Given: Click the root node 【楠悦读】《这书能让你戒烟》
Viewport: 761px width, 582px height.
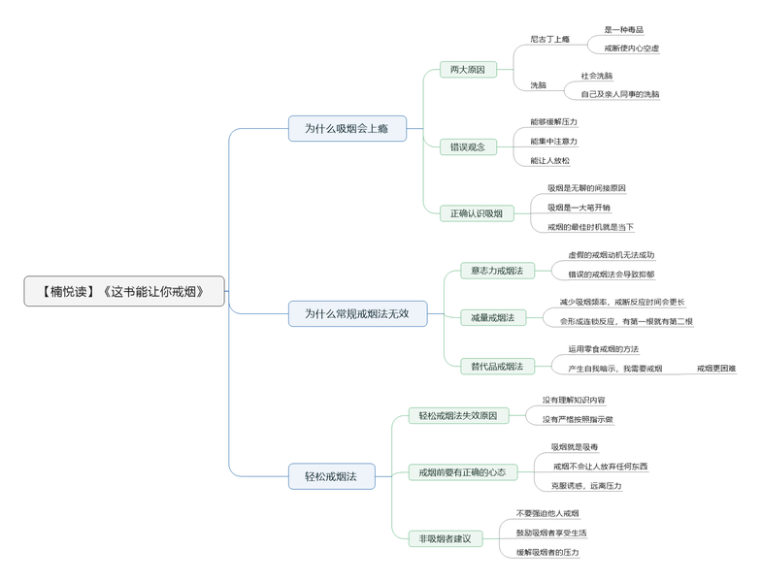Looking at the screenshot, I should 124,291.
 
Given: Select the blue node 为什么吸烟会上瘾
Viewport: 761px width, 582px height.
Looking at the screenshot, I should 347,128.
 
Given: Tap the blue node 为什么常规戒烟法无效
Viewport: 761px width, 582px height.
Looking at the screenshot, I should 357,313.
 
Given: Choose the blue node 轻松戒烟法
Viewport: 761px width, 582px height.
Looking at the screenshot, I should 331,476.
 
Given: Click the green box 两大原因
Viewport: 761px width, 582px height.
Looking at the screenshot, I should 468,70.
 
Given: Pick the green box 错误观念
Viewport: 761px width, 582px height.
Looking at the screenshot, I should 468,146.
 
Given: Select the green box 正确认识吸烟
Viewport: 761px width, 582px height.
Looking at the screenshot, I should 477,213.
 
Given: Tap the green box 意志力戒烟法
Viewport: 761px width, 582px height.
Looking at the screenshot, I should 497,271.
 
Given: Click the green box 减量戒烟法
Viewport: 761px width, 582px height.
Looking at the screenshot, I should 493,317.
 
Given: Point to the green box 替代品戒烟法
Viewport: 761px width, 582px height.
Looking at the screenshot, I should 497,366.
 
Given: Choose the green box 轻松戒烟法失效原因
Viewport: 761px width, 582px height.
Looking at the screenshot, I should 457,415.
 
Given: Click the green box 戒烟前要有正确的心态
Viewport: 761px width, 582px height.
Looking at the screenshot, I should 462,472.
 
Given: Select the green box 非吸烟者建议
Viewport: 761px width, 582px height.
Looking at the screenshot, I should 446,538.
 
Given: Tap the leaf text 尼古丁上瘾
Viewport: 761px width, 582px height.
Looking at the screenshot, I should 549,39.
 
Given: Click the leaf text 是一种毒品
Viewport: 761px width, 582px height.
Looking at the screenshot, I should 623,30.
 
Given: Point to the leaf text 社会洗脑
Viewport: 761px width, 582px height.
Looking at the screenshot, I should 597,76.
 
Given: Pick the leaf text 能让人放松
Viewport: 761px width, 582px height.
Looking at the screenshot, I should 550,161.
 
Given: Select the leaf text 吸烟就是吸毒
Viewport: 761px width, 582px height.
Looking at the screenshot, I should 575,447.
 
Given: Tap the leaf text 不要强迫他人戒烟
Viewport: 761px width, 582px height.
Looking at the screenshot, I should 547,513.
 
